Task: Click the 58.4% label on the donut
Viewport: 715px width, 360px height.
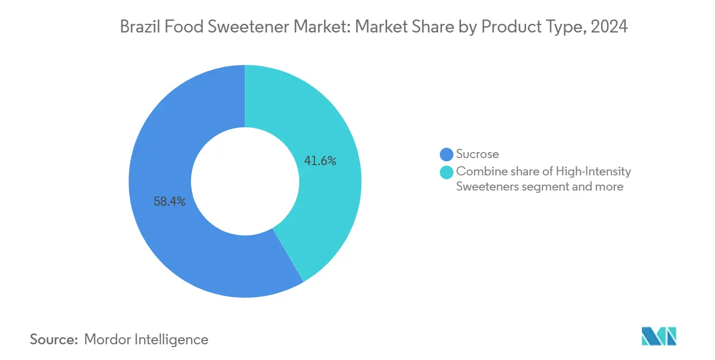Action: tap(170, 202)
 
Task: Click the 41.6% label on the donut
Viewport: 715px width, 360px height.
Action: tap(321, 161)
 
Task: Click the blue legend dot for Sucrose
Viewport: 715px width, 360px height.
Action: tap(446, 155)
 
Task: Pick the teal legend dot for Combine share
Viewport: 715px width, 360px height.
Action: tap(446, 172)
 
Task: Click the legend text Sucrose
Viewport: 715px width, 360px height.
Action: tap(477, 155)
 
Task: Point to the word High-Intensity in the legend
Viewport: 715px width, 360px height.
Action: tap(601, 172)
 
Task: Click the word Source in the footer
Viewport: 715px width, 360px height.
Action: tap(53, 339)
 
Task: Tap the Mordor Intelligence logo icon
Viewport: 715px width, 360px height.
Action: tap(659, 336)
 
